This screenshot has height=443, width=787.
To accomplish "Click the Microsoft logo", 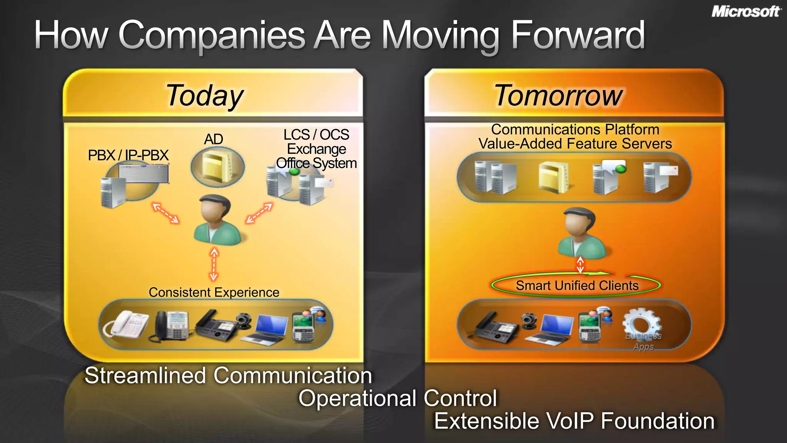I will (x=746, y=12).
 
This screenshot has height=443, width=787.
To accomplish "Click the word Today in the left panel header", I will (x=204, y=95).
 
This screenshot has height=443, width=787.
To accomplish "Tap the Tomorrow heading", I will (x=558, y=95).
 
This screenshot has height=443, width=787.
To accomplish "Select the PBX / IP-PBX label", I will (x=128, y=155).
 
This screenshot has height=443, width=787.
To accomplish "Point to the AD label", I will (x=213, y=139).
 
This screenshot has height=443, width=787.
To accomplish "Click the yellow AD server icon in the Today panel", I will (x=218, y=167).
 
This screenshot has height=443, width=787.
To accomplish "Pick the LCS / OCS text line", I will (x=316, y=135).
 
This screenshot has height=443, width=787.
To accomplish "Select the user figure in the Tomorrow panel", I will (x=581, y=233).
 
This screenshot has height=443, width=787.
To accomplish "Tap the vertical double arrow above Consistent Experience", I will (x=214, y=265).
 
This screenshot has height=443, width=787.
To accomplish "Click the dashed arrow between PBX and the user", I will (x=166, y=213).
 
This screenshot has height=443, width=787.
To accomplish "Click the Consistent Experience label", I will (x=214, y=293).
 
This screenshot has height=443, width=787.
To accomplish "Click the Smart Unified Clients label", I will (x=577, y=286).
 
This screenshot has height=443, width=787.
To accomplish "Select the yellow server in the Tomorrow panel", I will (x=553, y=177).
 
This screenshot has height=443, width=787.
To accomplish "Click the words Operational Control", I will (x=398, y=398).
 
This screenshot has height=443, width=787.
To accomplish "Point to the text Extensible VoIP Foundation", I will (x=574, y=421).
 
